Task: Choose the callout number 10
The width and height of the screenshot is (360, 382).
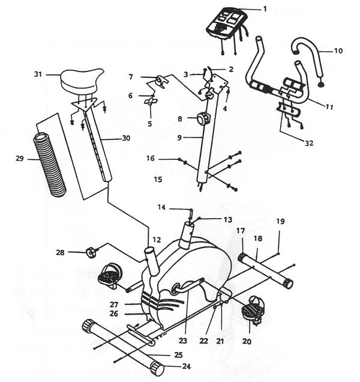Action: click(x=338, y=51)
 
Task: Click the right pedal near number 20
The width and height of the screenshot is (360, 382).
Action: click(x=252, y=311)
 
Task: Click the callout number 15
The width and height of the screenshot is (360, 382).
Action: click(x=158, y=179)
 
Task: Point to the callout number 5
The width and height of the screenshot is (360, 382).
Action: click(x=149, y=124)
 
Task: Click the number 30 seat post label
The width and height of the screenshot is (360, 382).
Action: click(x=125, y=138)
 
